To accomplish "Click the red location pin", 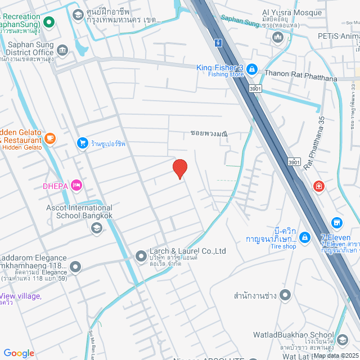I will (179, 168).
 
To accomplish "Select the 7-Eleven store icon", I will (336, 223).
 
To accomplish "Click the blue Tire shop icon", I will (304, 238).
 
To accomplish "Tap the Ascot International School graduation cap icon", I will (96, 228).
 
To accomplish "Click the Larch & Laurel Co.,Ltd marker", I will (141, 256).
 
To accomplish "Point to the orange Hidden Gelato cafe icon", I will (50, 138).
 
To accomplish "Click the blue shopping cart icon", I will (83, 143).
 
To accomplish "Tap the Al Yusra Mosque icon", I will (277, 38).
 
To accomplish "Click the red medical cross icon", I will (319, 186).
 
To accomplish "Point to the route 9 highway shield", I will (217, 42).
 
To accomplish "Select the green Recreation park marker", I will (49, 22).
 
